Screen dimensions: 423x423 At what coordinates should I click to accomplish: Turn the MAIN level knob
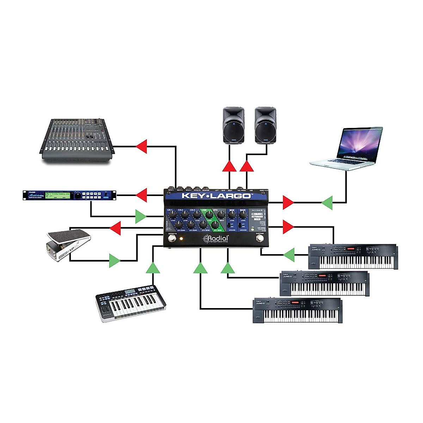pos(243,214)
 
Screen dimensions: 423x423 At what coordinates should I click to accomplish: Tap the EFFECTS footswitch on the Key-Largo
pos(172,239)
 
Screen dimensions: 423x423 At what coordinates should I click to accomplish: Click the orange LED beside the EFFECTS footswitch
pos(182,239)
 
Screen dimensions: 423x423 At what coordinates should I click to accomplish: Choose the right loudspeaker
pos(266,125)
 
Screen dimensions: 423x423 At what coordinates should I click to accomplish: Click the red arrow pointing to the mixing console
pos(142,146)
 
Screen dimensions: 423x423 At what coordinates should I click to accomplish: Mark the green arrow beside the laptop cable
pos(327,203)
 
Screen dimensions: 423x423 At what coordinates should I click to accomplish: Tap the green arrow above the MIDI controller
pos(153,268)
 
